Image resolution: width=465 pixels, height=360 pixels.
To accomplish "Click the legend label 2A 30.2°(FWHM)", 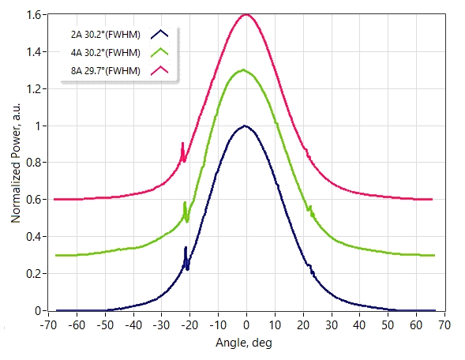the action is pyautogui.click(x=105, y=35).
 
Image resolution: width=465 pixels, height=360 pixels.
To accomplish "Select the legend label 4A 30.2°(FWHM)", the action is pyautogui.click(x=105, y=53).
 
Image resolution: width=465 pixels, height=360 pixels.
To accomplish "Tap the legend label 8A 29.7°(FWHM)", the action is pyautogui.click(x=105, y=71).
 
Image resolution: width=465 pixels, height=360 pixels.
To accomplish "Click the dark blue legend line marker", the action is pyautogui.click(x=159, y=34).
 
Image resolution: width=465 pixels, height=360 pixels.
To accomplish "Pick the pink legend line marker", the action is pyautogui.click(x=159, y=70).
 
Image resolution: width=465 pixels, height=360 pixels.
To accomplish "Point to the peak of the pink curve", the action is pyautogui.click(x=246, y=14).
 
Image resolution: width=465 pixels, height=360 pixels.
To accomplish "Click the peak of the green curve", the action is pyautogui.click(x=243, y=70).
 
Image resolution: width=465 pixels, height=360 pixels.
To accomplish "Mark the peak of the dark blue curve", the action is pyautogui.click(x=245, y=126).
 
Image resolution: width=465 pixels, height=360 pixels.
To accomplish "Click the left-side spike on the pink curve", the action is pyautogui.click(x=182, y=143).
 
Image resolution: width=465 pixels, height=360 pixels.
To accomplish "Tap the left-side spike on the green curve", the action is pyautogui.click(x=185, y=203).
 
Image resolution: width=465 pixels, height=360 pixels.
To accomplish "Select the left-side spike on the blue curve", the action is pyautogui.click(x=186, y=248).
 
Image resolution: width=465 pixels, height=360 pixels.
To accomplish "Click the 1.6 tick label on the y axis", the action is pyautogui.click(x=34, y=15).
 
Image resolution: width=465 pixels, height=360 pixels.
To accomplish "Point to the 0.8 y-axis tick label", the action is pyautogui.click(x=34, y=163).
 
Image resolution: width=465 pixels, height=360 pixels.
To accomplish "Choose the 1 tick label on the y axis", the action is pyautogui.click(x=38, y=126).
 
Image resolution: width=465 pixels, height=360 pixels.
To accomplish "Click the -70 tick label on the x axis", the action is pyautogui.click(x=48, y=325).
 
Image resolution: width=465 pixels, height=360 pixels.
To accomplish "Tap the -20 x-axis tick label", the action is pyautogui.click(x=189, y=325).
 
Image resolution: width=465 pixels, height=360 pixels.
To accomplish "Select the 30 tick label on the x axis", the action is pyautogui.click(x=332, y=325).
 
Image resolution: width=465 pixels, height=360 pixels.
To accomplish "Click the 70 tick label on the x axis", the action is pyautogui.click(x=444, y=325).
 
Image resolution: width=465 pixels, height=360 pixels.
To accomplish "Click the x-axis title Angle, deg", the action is pyautogui.click(x=244, y=343).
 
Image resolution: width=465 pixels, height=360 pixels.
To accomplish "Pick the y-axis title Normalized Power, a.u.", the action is pyautogui.click(x=16, y=163).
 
